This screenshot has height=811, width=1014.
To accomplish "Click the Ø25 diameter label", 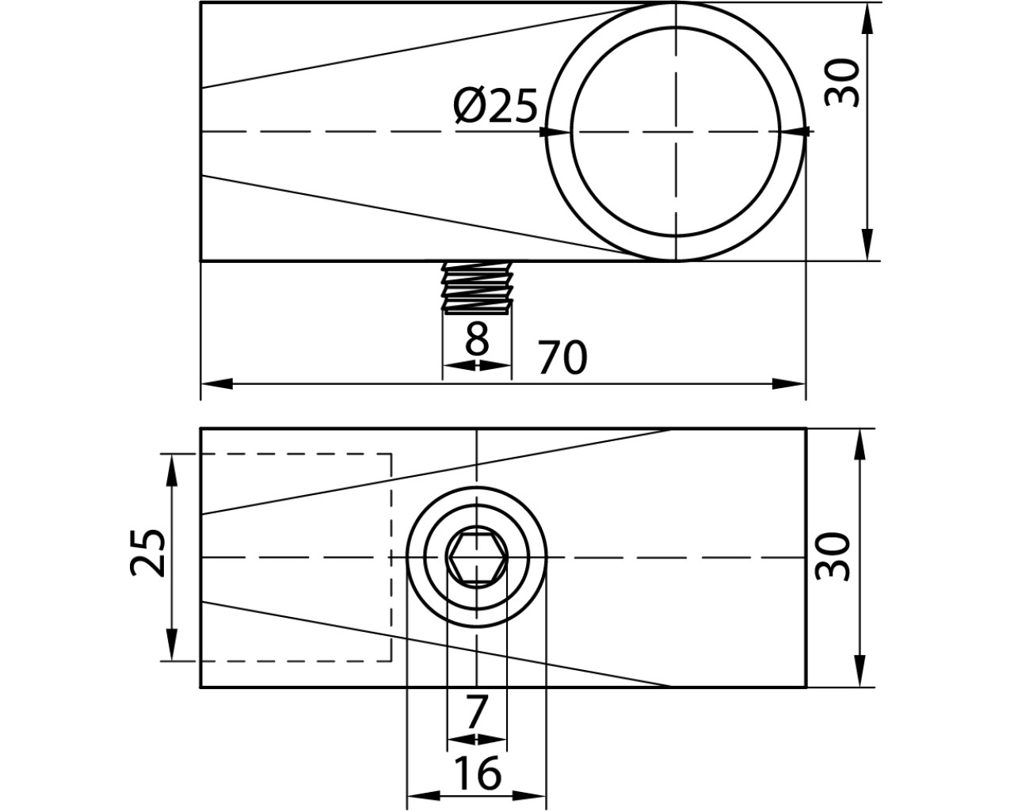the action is (x=495, y=106).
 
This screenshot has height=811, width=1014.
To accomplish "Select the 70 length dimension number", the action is (x=563, y=358).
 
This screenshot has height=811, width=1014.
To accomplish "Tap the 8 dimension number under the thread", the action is (x=478, y=338).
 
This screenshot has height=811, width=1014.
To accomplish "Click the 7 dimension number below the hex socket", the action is (x=476, y=713).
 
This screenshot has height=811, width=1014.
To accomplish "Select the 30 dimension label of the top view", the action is (x=842, y=83).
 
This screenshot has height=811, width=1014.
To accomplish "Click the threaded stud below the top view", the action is (x=478, y=287).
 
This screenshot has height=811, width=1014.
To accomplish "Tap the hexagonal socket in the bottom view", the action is (x=477, y=558).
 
